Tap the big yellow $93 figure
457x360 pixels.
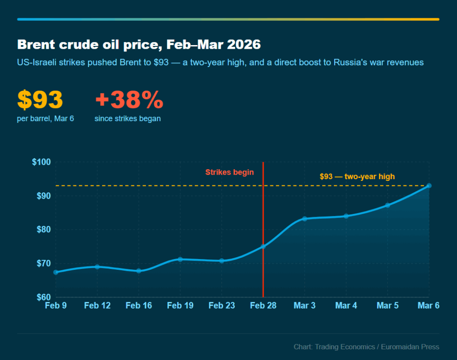(x=40, y=100)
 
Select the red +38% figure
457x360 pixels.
(x=129, y=100)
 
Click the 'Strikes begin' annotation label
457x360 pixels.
(x=229, y=172)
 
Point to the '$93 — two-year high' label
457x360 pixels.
(x=357, y=176)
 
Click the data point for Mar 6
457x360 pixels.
(x=428, y=185)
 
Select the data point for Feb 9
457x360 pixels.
(x=55, y=272)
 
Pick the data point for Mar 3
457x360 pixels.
(x=304, y=219)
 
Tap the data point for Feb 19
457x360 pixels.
(x=180, y=259)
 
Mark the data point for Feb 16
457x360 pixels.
(x=138, y=271)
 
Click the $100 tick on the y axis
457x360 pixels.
(x=41, y=162)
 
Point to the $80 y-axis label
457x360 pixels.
(x=41, y=230)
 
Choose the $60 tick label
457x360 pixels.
(x=41, y=297)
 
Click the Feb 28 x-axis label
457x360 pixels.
(x=263, y=306)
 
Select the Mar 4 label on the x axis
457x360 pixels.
(x=346, y=306)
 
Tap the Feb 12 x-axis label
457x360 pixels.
(x=97, y=306)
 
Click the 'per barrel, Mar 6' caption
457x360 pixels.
(x=46, y=119)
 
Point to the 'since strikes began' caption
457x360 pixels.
(x=128, y=119)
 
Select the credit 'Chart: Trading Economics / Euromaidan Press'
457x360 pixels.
(x=366, y=347)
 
